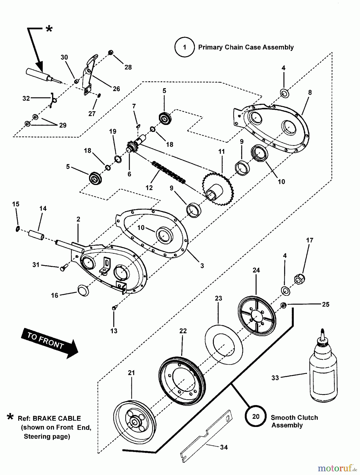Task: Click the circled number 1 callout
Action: tap(184, 47)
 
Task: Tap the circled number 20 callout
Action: tap(256, 416)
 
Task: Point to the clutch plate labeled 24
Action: tap(257, 316)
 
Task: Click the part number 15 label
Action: tap(16, 204)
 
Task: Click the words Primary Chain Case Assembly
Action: tap(246, 47)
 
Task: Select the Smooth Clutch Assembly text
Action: tap(294, 421)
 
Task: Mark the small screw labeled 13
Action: tap(114, 308)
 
